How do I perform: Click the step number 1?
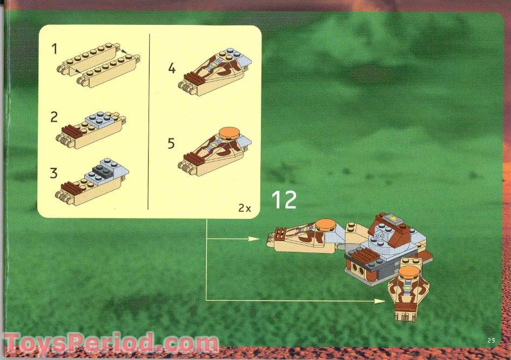click(54, 49)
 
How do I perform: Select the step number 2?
click(54, 117)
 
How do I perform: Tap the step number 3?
click(54, 174)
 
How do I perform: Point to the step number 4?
click(172, 69)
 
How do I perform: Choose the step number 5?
click(172, 144)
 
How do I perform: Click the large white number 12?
click(284, 200)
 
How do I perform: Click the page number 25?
click(490, 340)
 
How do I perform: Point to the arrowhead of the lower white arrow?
click(380, 299)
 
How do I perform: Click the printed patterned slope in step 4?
click(213, 71)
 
